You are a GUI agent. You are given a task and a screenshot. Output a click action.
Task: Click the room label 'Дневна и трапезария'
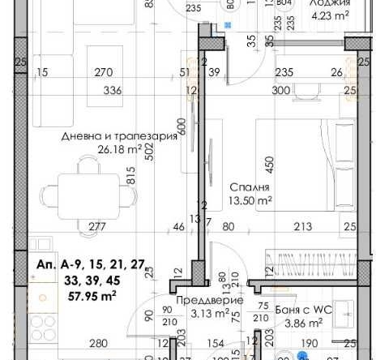pos(118,136)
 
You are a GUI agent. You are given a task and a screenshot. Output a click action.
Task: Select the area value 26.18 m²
pos(119,148)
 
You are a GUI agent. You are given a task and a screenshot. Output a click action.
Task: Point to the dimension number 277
pos(97,226)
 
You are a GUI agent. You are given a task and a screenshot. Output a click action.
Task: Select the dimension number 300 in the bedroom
pos(280,90)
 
